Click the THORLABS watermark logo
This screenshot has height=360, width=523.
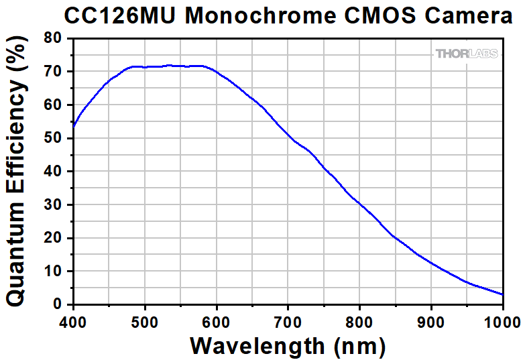click(467, 54)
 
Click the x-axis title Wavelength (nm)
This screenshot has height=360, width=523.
click(288, 345)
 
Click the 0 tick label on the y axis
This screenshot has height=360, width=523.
click(57, 304)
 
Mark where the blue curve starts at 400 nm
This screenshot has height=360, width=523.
click(74, 125)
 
